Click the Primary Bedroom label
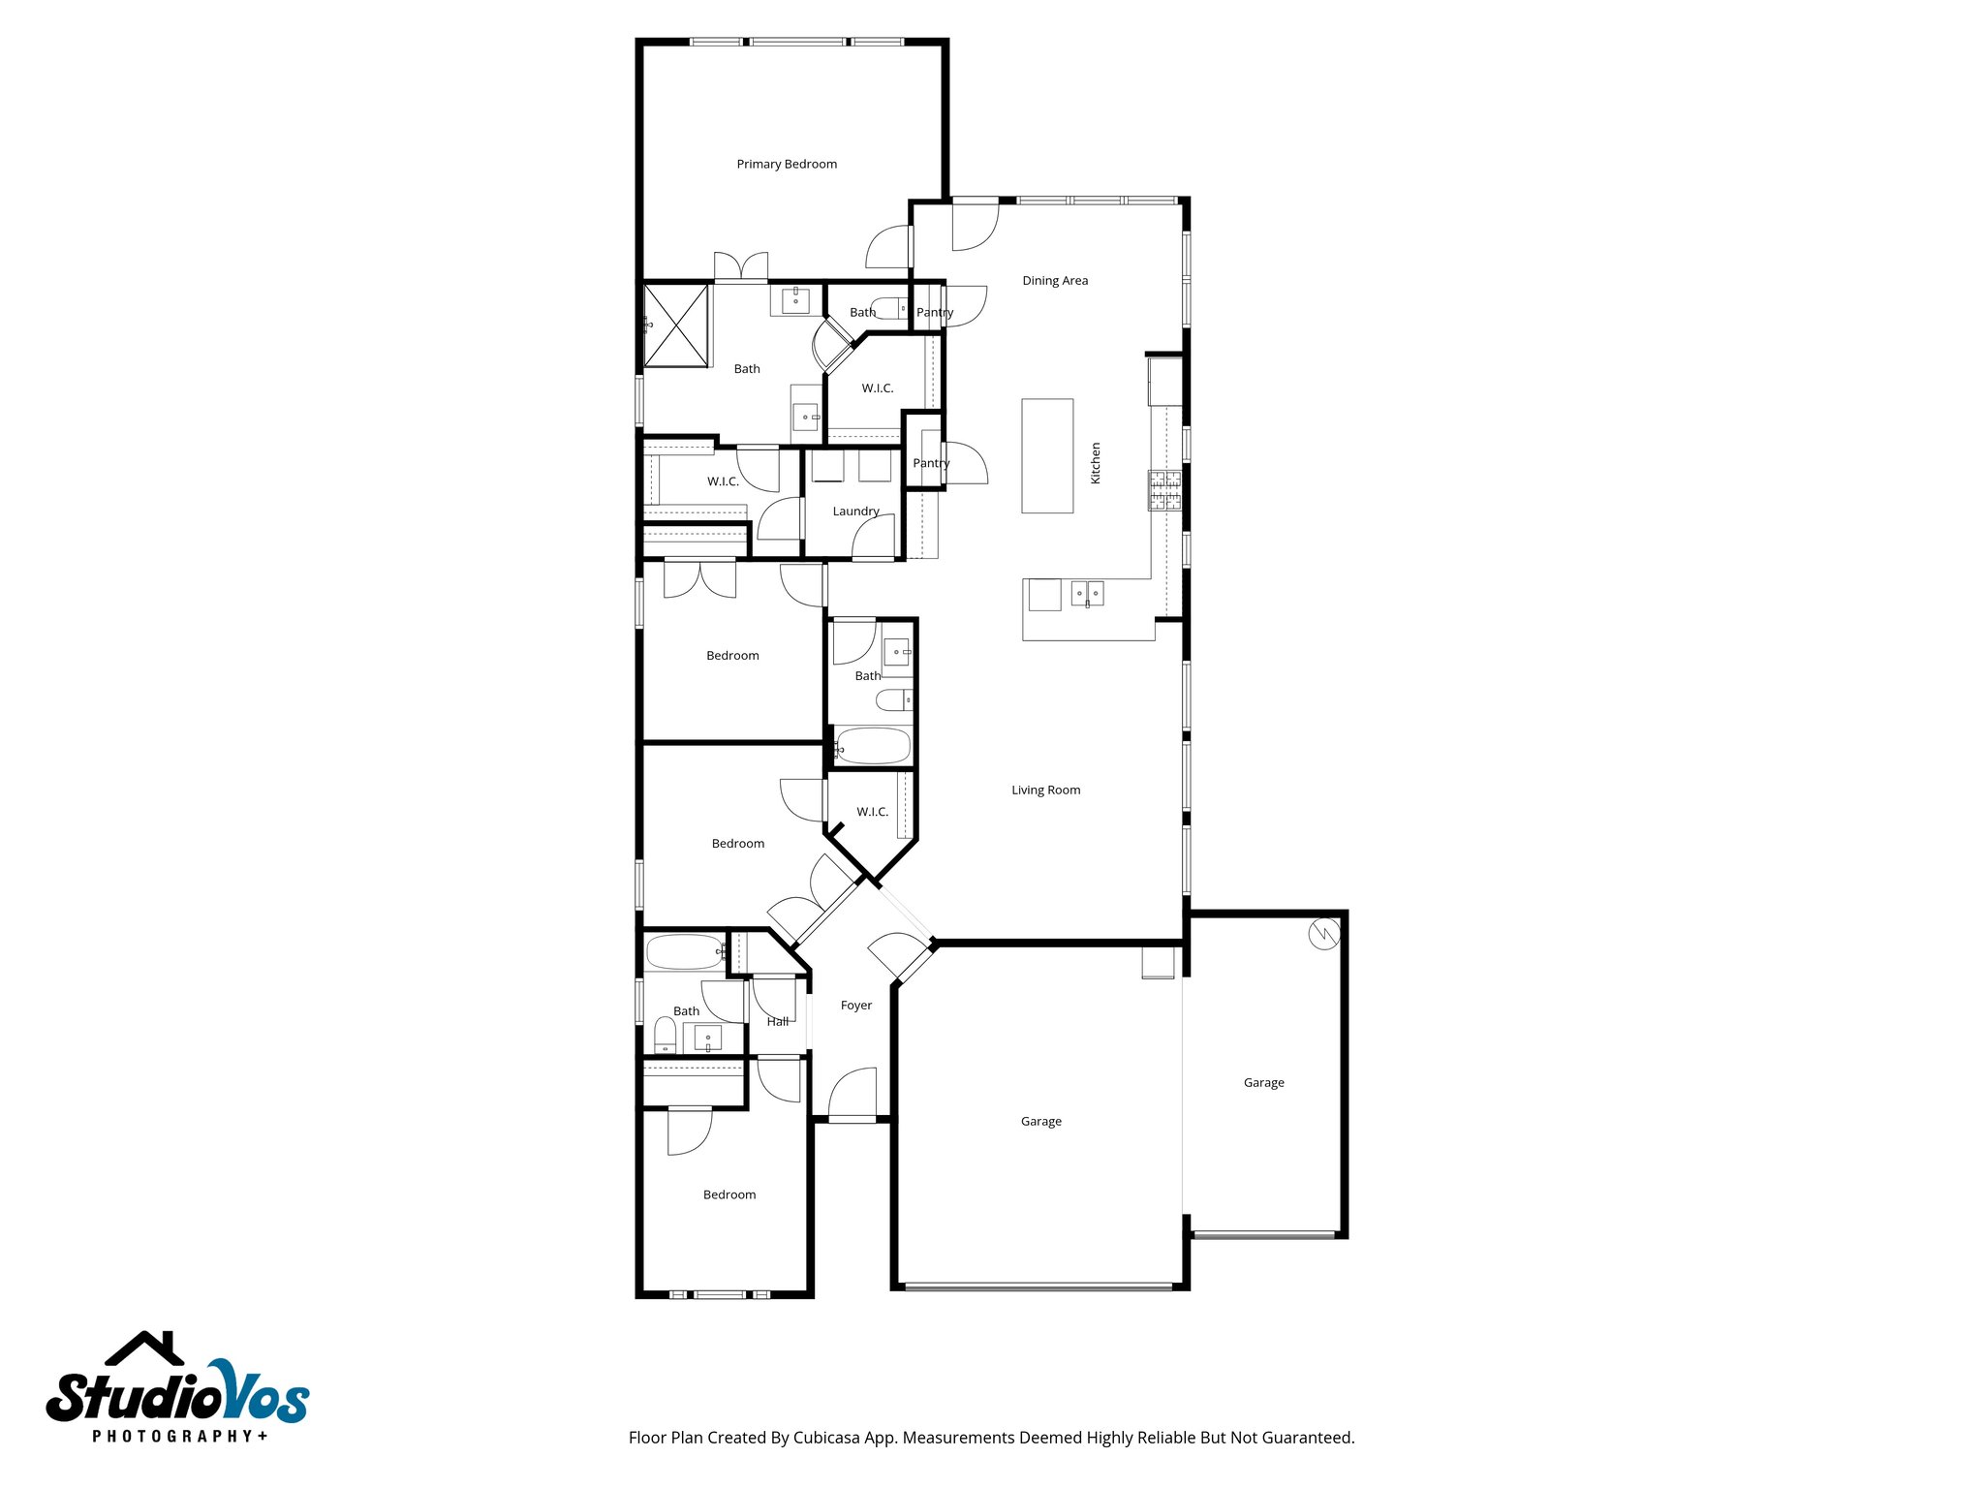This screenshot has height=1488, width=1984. (787, 165)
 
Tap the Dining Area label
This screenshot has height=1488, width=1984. (1055, 281)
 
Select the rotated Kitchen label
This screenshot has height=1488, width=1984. (1096, 463)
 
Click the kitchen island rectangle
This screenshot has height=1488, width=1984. (1047, 455)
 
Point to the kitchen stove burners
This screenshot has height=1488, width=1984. (1165, 490)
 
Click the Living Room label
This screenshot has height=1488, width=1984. (1045, 790)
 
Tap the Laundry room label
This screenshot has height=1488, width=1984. (855, 511)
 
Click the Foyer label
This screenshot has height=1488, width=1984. (855, 1006)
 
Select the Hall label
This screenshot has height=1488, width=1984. (777, 1022)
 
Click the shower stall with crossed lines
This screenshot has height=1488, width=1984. (676, 325)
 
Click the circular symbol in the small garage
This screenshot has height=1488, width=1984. (1323, 934)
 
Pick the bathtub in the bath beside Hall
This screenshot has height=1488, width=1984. (684, 952)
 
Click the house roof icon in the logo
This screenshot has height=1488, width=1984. (144, 1348)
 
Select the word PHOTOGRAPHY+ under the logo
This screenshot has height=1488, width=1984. (180, 1436)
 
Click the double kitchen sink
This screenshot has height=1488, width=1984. (1087, 593)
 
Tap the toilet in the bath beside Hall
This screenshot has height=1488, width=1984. (665, 1036)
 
